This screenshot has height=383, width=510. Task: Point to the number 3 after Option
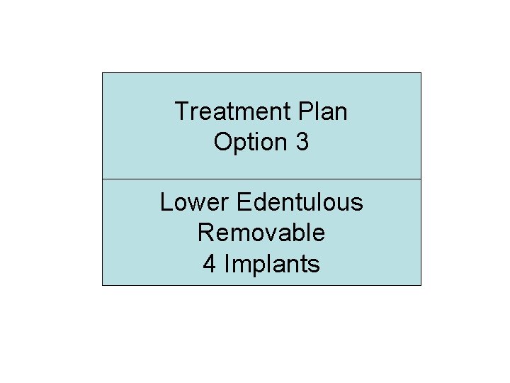(302, 142)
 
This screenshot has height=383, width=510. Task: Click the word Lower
(194, 202)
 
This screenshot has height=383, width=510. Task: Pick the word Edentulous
(300, 202)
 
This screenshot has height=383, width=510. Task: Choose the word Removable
(261, 233)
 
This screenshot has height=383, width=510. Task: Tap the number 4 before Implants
(210, 264)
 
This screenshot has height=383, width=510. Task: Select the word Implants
(272, 264)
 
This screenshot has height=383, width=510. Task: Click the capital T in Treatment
(181, 111)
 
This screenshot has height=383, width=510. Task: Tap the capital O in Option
(222, 142)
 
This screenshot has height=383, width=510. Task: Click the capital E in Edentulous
(243, 202)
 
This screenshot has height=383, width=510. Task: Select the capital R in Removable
(205, 233)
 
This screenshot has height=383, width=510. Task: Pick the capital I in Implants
(227, 264)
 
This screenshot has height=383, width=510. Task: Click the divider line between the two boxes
(261, 179)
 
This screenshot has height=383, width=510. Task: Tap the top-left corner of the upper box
(103, 73)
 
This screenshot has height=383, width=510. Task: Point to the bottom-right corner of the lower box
(421, 285)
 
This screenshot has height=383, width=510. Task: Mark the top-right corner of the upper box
(421, 73)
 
